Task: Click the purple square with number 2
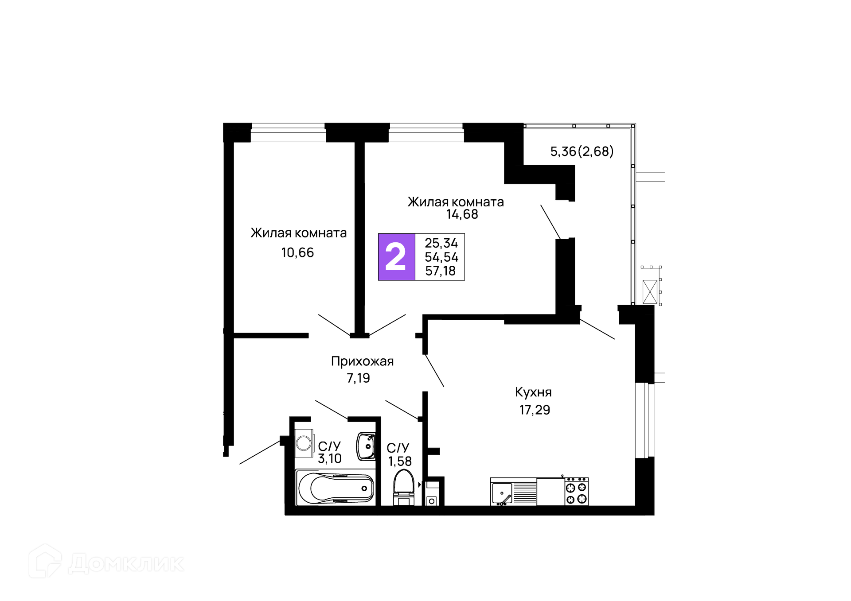point(396,257)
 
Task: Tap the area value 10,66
point(297,252)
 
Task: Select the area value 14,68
point(462,214)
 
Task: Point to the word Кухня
point(533,392)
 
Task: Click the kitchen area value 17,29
point(535,410)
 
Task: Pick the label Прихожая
point(362,361)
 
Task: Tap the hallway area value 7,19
point(358,378)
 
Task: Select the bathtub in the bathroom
point(335,488)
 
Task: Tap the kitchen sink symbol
point(502,493)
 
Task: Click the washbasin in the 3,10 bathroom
point(366,446)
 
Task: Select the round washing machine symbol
point(304,442)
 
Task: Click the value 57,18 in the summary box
point(440,271)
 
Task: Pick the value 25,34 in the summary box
point(441,243)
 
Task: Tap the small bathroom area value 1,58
point(400,461)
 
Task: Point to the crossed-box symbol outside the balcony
point(650,292)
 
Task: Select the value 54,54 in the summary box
point(441,257)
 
